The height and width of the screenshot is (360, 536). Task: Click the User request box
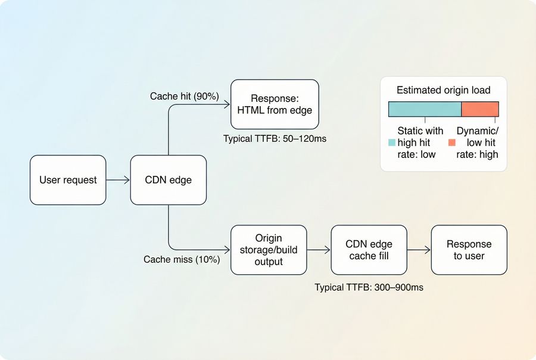(68, 180)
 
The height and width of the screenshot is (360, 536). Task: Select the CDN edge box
(169, 180)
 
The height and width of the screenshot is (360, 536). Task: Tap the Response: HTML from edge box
(275, 104)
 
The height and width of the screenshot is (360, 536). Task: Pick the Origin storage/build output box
(269, 250)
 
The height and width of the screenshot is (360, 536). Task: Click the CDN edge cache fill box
(369, 250)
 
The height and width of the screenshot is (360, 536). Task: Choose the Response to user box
(469, 250)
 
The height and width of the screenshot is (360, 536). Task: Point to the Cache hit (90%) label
(185, 96)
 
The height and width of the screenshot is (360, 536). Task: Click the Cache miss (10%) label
(182, 260)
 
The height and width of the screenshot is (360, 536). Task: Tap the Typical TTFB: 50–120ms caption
(275, 138)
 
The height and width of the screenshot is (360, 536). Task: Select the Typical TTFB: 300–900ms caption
(369, 287)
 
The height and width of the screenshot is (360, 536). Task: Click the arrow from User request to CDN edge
(118, 180)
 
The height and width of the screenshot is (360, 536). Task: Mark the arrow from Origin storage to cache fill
(319, 250)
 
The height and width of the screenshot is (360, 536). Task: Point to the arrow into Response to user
(419, 250)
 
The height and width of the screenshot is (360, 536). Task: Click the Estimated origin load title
(444, 91)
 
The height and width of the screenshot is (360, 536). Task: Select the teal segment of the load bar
(425, 109)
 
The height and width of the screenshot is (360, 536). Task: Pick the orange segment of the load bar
(480, 109)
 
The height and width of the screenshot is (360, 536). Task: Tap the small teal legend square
(391, 143)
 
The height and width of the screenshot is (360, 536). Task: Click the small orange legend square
(452, 143)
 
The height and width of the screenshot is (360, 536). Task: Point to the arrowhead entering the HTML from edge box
(227, 104)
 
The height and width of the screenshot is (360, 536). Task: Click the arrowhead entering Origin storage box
(227, 250)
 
